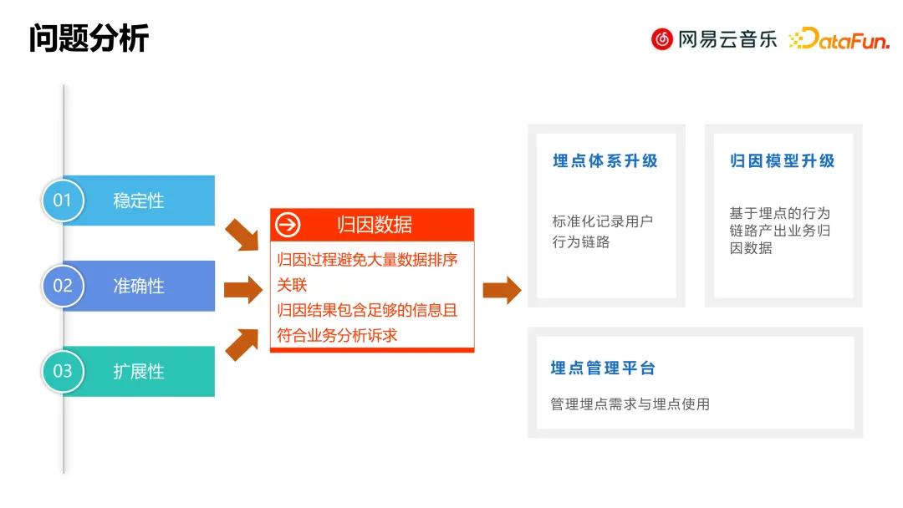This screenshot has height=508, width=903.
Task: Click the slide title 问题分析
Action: pyautogui.click(x=89, y=38)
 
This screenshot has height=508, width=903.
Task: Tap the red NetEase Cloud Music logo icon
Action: pyautogui.click(x=662, y=38)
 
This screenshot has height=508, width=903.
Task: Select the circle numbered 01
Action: pyautogui.click(x=63, y=201)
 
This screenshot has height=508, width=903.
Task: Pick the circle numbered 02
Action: pyautogui.click(x=63, y=286)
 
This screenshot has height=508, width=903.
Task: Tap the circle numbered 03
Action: pyautogui.click(x=63, y=371)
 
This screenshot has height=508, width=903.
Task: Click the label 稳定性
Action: pyautogui.click(x=139, y=201)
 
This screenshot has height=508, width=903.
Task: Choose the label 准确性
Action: pyautogui.click(x=139, y=286)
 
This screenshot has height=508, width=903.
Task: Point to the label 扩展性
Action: pyautogui.click(x=139, y=371)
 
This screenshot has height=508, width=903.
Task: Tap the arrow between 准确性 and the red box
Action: pyautogui.click(x=242, y=290)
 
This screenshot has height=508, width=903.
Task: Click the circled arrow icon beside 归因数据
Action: pyautogui.click(x=288, y=225)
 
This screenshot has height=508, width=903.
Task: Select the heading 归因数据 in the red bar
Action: pyautogui.click(x=374, y=225)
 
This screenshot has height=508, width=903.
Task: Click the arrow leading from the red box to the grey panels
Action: pyautogui.click(x=502, y=290)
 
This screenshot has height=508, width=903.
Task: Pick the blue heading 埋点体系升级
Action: pyautogui.click(x=605, y=161)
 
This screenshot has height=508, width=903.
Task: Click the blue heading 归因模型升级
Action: pyautogui.click(x=783, y=161)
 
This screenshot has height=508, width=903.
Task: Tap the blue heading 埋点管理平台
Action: pyautogui.click(x=603, y=368)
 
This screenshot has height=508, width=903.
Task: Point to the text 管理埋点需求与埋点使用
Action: pyautogui.click(x=630, y=404)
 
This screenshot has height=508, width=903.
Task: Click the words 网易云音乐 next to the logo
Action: pyautogui.click(x=727, y=38)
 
